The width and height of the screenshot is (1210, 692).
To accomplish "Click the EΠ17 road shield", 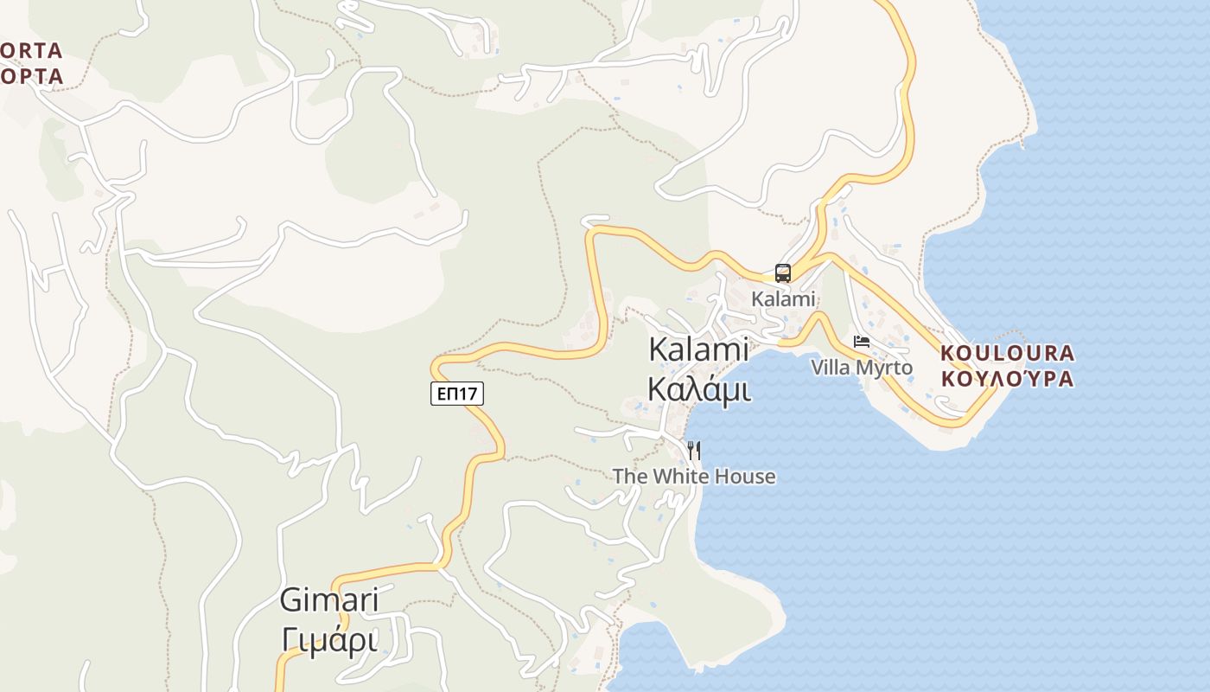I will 457,394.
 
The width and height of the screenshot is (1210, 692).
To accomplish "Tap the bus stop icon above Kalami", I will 783,273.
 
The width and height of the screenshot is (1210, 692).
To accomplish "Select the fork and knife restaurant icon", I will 693,451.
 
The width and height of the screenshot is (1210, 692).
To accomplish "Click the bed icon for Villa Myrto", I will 862,342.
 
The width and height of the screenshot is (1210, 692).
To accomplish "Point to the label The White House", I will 694,477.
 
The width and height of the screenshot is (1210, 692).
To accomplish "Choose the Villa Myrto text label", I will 862,368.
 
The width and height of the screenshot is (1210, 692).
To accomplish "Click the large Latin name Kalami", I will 698,349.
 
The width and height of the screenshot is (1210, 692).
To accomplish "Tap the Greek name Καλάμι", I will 698,389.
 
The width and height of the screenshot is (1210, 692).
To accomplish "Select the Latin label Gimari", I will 329,601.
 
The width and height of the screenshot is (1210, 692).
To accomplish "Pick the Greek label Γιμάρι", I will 329,640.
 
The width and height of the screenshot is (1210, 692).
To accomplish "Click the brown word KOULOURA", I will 1007,353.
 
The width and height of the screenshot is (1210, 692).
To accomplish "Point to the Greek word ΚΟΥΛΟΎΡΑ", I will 1007,379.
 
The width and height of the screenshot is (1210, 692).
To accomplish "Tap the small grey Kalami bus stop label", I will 784,299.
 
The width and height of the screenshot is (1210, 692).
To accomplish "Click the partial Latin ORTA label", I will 31,50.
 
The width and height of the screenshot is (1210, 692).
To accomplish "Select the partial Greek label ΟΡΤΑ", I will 31,76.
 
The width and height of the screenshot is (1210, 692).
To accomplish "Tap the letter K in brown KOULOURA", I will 946,353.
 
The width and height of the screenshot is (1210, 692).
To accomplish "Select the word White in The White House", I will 684,477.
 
